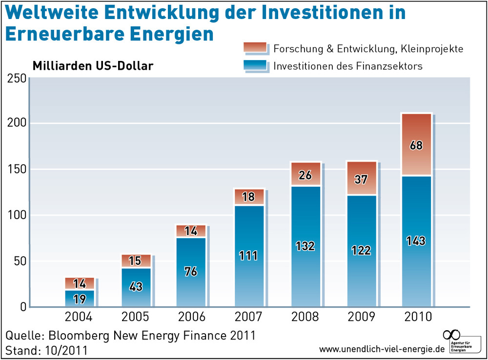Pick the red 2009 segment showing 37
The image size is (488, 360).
(x=361, y=179)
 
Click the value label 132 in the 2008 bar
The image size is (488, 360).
(x=305, y=245)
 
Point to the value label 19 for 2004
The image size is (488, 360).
(x=80, y=299)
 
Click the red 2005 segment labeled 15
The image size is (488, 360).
(x=136, y=261)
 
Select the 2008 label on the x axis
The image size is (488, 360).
(x=305, y=317)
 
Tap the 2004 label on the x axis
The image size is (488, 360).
(x=80, y=317)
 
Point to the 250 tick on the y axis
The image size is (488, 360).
(x=16, y=78)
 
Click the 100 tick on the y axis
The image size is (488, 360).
(x=16, y=216)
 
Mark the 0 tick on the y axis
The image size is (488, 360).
(x=21, y=307)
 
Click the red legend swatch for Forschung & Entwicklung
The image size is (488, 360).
(x=255, y=47)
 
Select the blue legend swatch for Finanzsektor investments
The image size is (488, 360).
(x=255, y=65)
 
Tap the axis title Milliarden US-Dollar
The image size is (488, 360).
(x=93, y=65)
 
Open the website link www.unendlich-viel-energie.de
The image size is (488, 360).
(x=382, y=349)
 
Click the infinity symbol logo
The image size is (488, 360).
(x=451, y=335)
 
